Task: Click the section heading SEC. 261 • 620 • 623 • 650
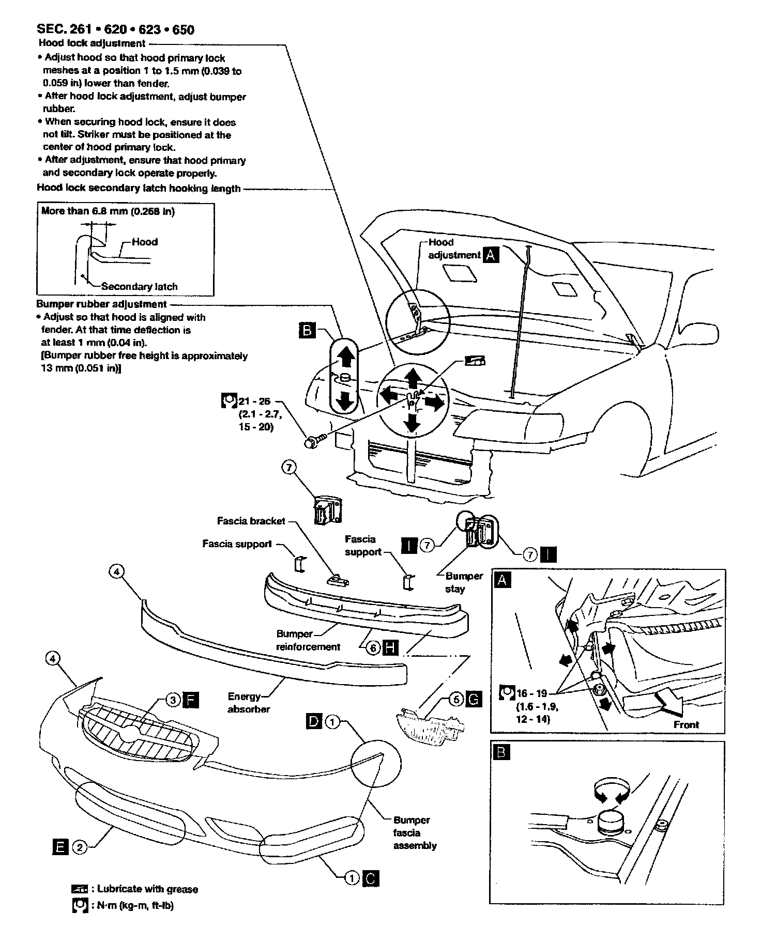click(x=116, y=29)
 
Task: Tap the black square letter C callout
click(x=371, y=877)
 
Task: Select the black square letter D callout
click(x=314, y=721)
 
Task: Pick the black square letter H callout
click(x=390, y=647)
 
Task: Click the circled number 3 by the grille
click(x=173, y=700)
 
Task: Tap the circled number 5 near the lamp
click(x=455, y=699)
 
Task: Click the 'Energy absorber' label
click(x=248, y=703)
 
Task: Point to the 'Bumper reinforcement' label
click(x=308, y=640)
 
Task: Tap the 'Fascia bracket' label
click(x=251, y=521)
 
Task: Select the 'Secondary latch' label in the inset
click(x=139, y=286)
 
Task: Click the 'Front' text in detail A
click(x=686, y=725)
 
